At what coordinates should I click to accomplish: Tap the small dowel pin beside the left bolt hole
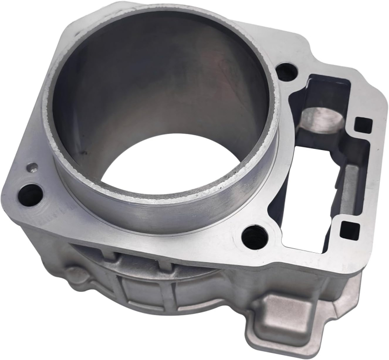pyautogui.click(x=33, y=167)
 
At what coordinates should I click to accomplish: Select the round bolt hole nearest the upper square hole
pyautogui.click(x=286, y=72)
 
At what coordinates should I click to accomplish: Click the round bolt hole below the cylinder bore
pyautogui.click(x=255, y=236)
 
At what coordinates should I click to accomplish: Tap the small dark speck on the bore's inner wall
pyautogui.click(x=84, y=150)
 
